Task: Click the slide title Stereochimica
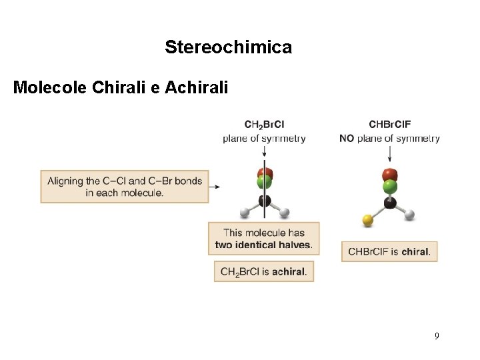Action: (x=228, y=47)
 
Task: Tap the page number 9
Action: (x=437, y=335)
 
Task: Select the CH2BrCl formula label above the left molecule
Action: (x=265, y=125)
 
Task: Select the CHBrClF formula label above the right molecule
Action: (x=390, y=125)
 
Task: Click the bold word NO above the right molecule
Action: (x=347, y=139)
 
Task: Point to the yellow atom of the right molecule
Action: (x=367, y=219)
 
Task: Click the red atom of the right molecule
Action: (x=390, y=175)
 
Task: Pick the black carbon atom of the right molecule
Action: (x=390, y=203)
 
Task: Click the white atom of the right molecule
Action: (x=410, y=214)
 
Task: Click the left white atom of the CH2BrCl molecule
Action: (x=245, y=213)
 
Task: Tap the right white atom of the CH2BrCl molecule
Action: (x=285, y=213)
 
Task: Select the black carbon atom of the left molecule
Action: (x=265, y=200)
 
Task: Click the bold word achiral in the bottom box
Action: (x=289, y=272)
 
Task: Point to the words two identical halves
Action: (x=264, y=245)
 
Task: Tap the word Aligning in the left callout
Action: (x=65, y=181)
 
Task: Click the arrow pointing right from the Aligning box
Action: (x=214, y=187)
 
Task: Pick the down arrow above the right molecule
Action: (x=389, y=155)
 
